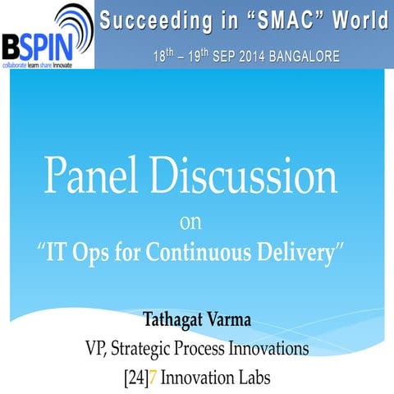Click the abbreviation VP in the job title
click(x=96, y=348)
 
